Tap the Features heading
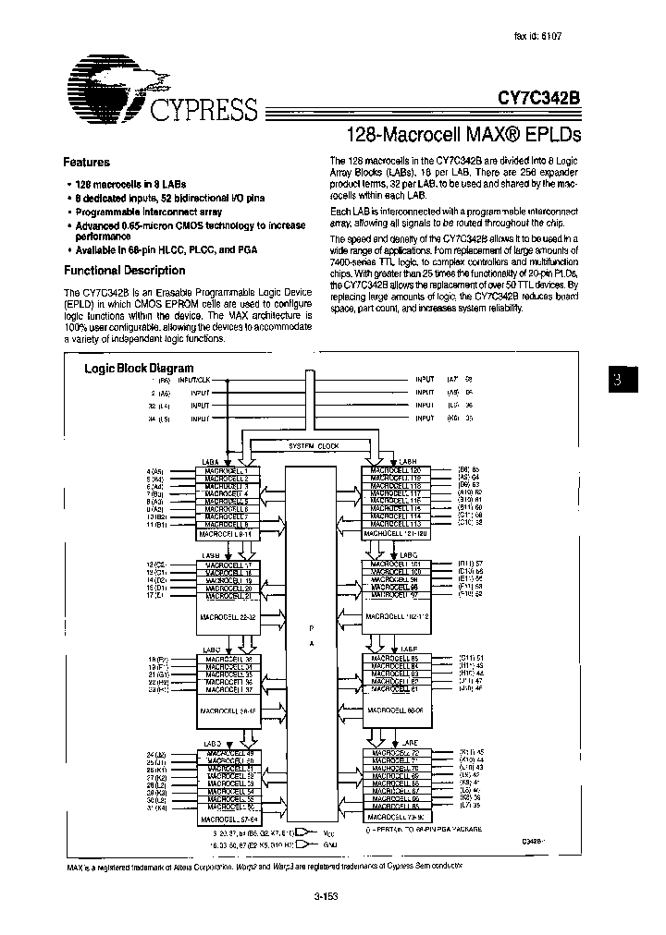[86, 162]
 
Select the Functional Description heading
[124, 271]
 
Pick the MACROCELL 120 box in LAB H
[395, 470]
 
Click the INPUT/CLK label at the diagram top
[195, 380]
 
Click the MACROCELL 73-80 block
[395, 818]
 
